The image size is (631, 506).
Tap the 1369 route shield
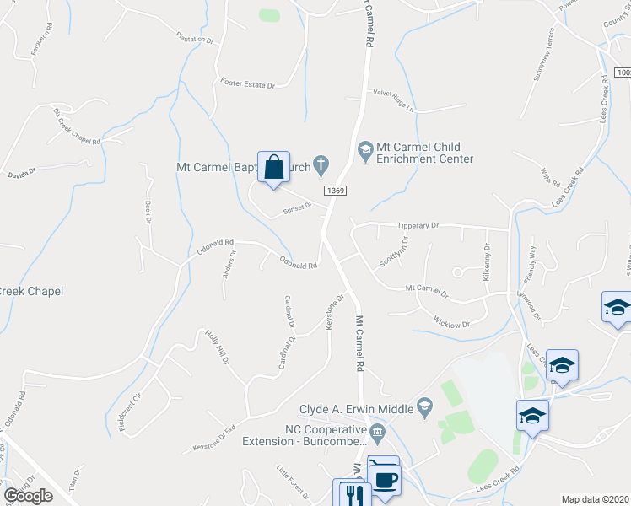[335, 191]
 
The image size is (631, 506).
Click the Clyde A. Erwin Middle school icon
[425, 409]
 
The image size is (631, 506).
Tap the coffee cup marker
[385, 478]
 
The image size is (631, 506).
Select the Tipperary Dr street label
[419, 226]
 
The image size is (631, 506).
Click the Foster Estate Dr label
[248, 84]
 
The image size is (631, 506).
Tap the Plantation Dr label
[195, 39]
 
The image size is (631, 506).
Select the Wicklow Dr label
[450, 322]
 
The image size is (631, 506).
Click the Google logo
[28, 496]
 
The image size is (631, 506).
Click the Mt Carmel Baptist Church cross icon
[321, 162]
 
